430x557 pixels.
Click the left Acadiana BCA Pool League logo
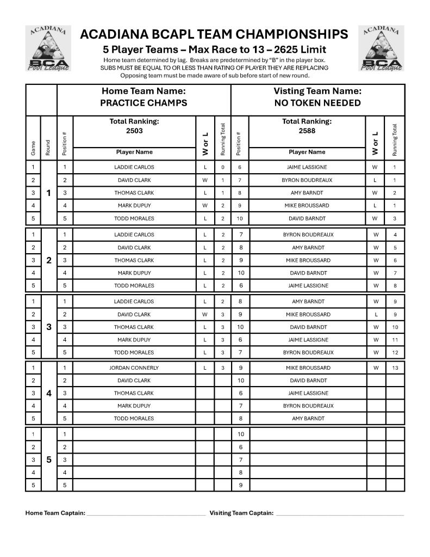coord(48,48)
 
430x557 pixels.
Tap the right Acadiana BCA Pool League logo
coord(381,48)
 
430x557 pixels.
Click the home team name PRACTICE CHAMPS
coord(144,103)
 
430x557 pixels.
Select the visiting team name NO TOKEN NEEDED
coord(317,103)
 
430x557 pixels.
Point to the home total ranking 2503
coord(134,131)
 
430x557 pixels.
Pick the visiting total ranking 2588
coord(307,131)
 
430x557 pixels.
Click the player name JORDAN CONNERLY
coord(134,368)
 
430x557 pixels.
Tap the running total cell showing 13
coord(395,368)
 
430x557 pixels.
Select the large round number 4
coord(49,393)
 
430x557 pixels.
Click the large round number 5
coord(49,460)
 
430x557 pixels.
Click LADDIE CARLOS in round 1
coord(134,167)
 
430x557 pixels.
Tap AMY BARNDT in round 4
coord(308,419)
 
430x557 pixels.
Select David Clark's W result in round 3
coord(205,314)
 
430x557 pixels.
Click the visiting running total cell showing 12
coord(395,352)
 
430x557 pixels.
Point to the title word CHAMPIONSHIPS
coord(294,35)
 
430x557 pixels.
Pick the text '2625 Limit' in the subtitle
coord(300,50)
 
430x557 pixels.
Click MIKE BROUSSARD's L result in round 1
coord(376,205)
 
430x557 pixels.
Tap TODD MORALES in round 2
coord(134,285)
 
